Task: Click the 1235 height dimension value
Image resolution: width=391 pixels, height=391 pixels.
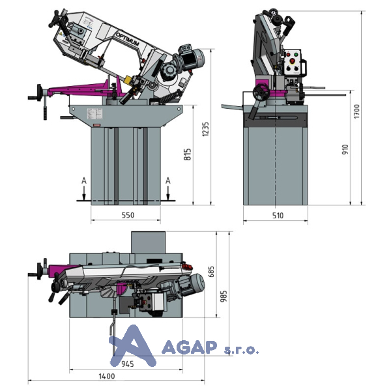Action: coord(205,129)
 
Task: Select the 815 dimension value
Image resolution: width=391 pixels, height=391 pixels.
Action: coord(187,154)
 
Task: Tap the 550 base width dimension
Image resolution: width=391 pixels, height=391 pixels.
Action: coord(128,215)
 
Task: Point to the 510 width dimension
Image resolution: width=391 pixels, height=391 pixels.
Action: coord(278,216)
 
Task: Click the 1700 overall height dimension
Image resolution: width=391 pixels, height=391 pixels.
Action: coord(357,111)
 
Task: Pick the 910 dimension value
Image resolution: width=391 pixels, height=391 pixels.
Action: coord(345,149)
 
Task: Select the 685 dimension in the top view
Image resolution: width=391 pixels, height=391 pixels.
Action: coord(211,272)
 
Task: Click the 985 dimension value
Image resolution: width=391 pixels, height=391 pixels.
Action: coord(224,296)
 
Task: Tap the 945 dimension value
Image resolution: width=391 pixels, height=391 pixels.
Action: coord(128,364)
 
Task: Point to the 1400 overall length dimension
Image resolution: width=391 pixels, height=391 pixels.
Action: coord(107,376)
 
